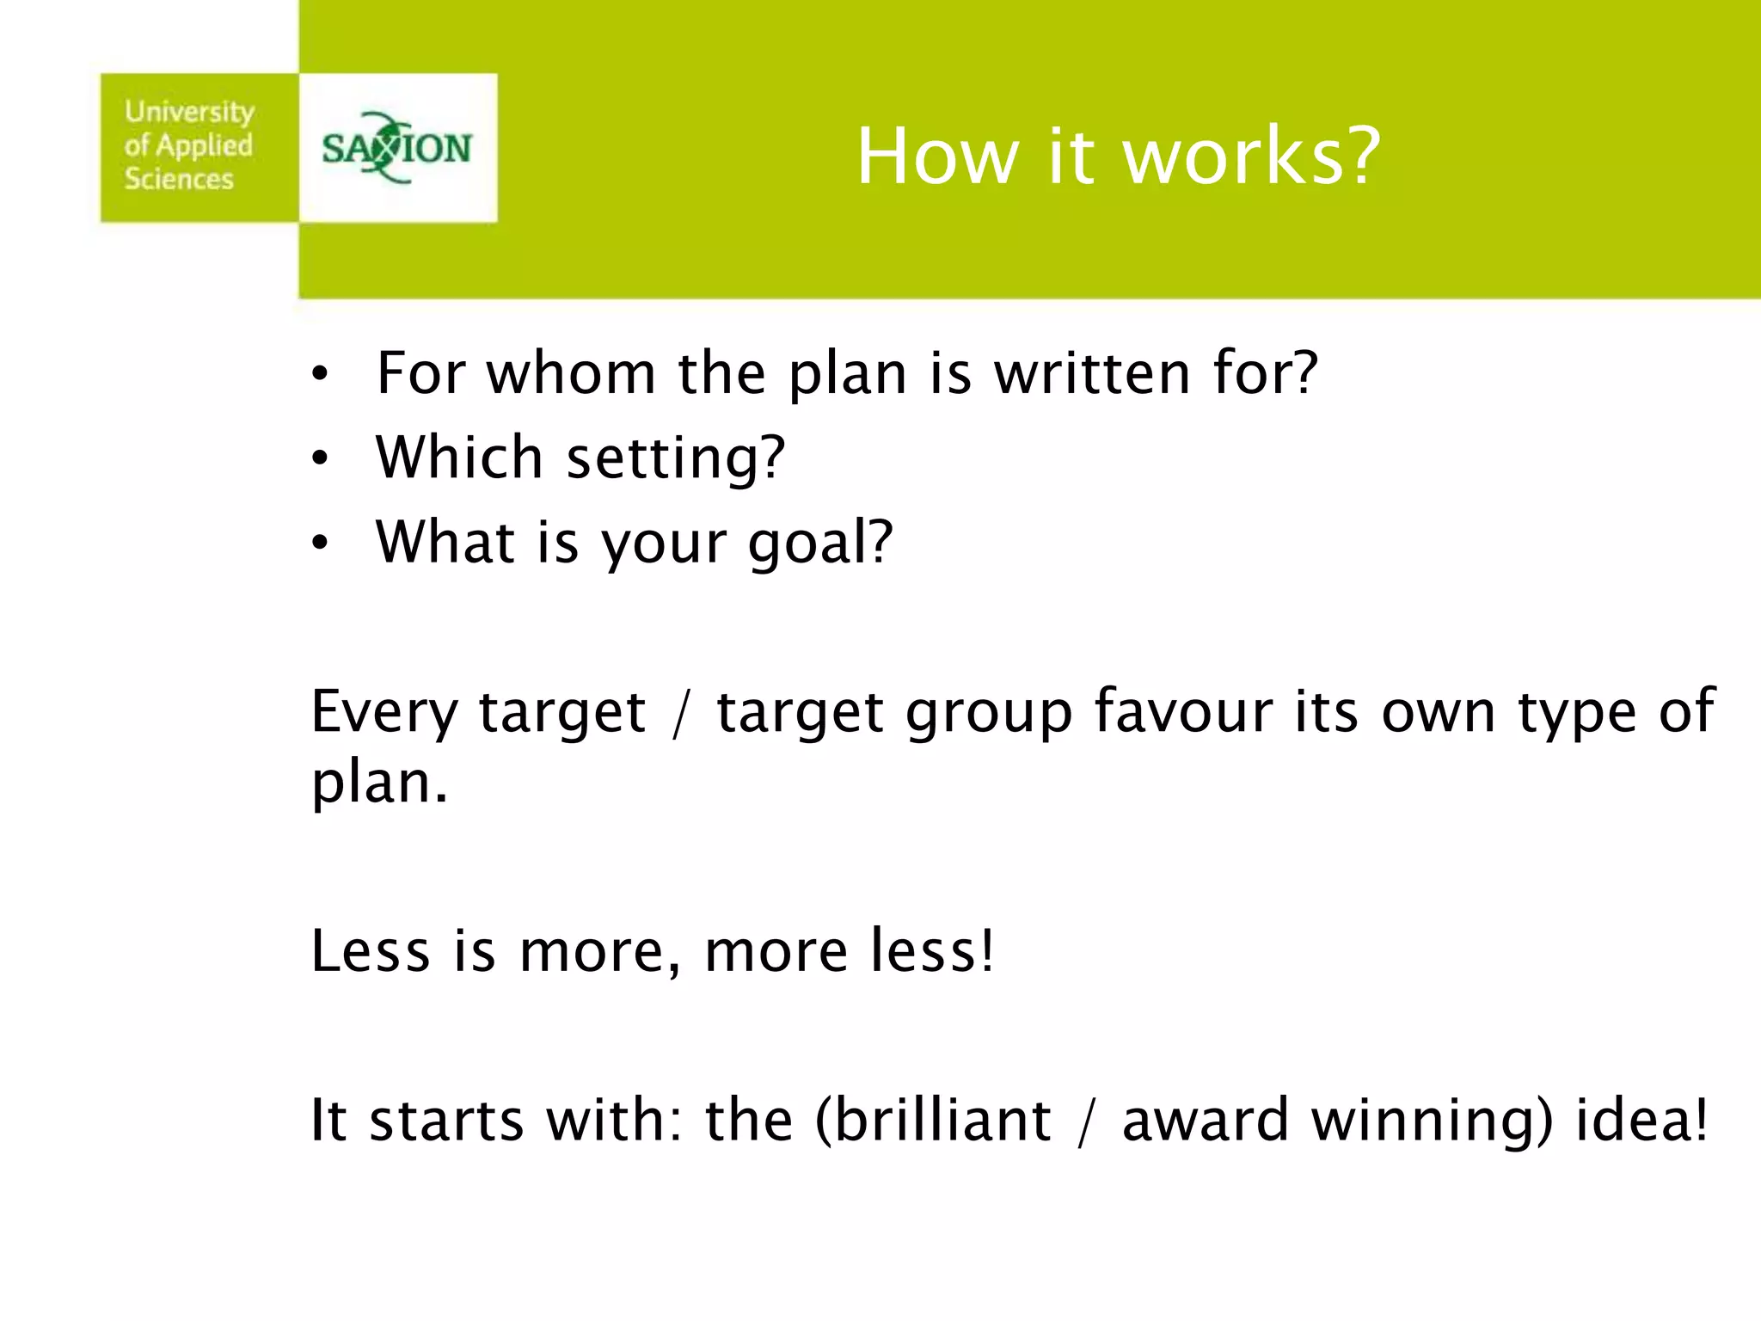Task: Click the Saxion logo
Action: pyautogui.click(x=397, y=148)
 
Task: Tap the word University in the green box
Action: pyautogui.click(x=189, y=112)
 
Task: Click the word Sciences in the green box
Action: pyautogui.click(x=179, y=179)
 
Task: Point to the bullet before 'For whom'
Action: pyautogui.click(x=321, y=375)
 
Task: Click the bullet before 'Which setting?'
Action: pyautogui.click(x=321, y=459)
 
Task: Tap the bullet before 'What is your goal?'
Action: pyautogui.click(x=321, y=544)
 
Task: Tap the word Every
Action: pyautogui.click(x=384, y=712)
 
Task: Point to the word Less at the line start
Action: pyautogui.click(x=370, y=950)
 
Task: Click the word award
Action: pyautogui.click(x=1205, y=1120)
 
